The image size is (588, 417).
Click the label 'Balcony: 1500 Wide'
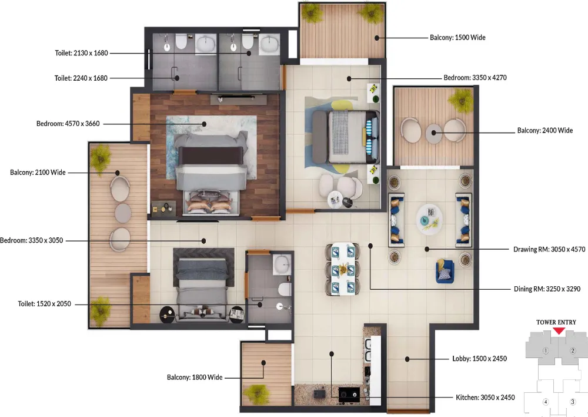pyautogui.click(x=457, y=38)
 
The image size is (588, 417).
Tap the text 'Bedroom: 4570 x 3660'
pyautogui.click(x=68, y=124)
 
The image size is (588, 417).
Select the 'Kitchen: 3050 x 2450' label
pyautogui.click(x=485, y=398)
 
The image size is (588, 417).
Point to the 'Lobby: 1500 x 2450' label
pyautogui.click(x=479, y=359)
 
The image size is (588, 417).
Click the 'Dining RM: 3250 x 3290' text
pyautogui.click(x=547, y=289)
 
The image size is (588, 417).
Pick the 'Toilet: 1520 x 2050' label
pyautogui.click(x=44, y=304)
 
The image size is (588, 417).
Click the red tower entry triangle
pyautogui.click(x=559, y=330)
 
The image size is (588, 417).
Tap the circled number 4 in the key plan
pyautogui.click(x=546, y=402)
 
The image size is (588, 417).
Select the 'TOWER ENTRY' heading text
pyautogui.click(x=556, y=322)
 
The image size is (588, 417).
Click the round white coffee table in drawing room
pyautogui.click(x=429, y=219)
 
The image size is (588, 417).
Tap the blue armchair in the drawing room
pyautogui.click(x=445, y=271)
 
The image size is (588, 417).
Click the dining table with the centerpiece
pyautogui.click(x=343, y=269)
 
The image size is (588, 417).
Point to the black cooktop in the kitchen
pyautogui.click(x=349, y=395)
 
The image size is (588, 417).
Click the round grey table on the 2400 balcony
pyautogui.click(x=434, y=133)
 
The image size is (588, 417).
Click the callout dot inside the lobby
pyautogui.click(x=407, y=359)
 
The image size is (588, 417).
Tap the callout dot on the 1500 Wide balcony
pyautogui.click(x=377, y=38)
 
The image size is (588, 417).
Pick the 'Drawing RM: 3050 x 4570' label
pyautogui.click(x=549, y=250)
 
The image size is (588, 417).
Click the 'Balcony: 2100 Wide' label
pyautogui.click(x=38, y=173)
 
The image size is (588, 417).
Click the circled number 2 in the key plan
pyautogui.click(x=573, y=351)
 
